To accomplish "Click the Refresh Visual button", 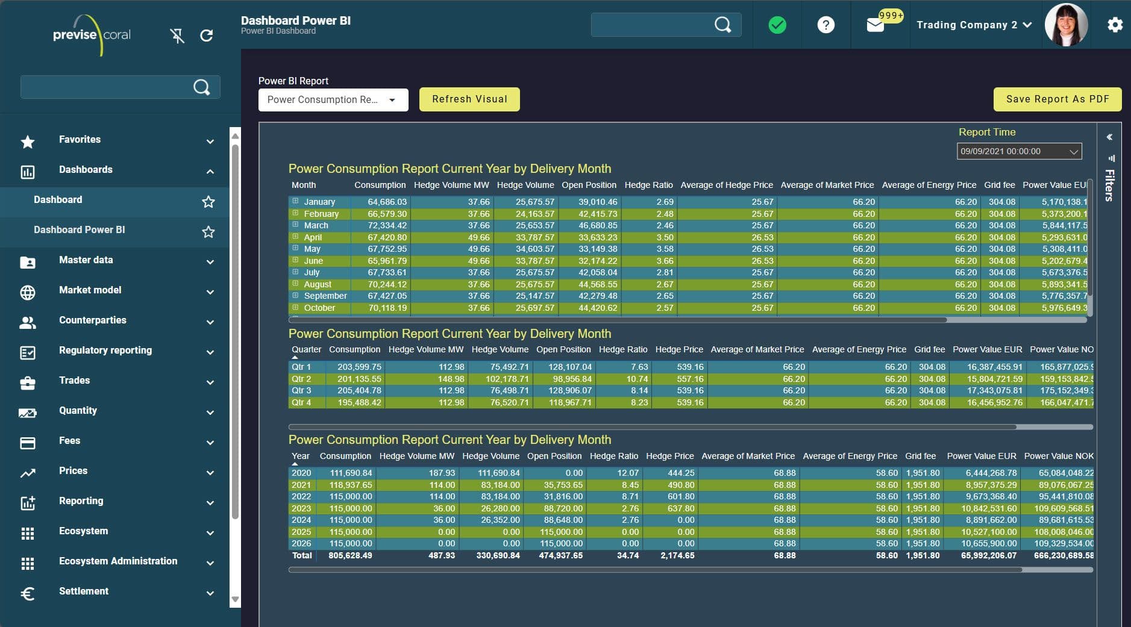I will [x=469, y=99].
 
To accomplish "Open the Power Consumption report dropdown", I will [x=333, y=100].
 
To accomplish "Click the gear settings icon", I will [x=1115, y=25].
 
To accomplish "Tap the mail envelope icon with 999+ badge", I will [x=875, y=25].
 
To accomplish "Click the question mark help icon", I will [x=826, y=25].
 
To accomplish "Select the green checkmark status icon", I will [x=777, y=25].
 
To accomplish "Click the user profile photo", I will [x=1066, y=25].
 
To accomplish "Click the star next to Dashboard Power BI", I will [x=208, y=232].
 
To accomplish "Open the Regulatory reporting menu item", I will [x=105, y=351].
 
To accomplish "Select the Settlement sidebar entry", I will [x=84, y=591].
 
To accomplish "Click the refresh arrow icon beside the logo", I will [x=206, y=36].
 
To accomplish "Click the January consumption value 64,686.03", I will [x=387, y=202].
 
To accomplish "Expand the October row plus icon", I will [x=295, y=307].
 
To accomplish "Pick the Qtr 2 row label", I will [x=301, y=379].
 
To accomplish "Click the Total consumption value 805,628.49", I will [x=350, y=556].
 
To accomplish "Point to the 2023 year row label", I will [x=301, y=508].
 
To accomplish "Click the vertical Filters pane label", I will [x=1109, y=185].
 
